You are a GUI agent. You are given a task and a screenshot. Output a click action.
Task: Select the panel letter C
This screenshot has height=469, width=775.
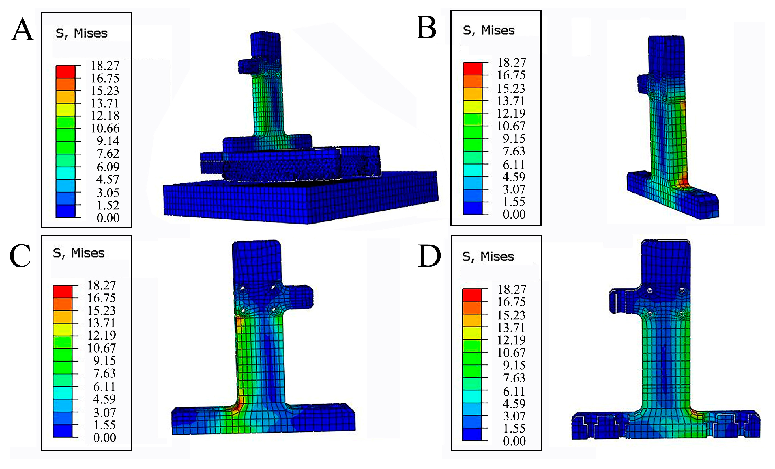click(x=20, y=255)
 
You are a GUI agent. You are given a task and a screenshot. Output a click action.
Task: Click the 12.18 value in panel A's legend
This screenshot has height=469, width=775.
click(x=105, y=116)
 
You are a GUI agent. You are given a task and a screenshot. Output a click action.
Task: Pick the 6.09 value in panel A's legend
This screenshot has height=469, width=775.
click(x=108, y=167)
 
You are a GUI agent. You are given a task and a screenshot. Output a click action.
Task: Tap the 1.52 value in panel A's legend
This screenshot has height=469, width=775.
click(x=108, y=205)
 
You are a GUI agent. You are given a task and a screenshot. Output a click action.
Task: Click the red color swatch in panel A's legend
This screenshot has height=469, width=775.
click(x=65, y=72)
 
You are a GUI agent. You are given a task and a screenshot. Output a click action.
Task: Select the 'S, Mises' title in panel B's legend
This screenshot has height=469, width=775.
click(x=489, y=31)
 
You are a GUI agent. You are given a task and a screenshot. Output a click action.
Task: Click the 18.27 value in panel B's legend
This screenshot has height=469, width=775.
click(x=511, y=62)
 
